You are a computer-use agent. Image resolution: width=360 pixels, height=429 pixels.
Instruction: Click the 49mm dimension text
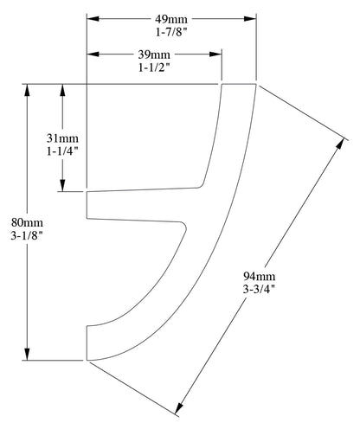pos(171,18)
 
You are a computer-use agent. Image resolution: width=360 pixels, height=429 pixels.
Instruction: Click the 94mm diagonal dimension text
pos(258,278)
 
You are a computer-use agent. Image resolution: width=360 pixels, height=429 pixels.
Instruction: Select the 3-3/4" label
pos(258,291)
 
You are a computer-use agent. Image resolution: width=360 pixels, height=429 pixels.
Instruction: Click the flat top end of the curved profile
pos(239,85)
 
